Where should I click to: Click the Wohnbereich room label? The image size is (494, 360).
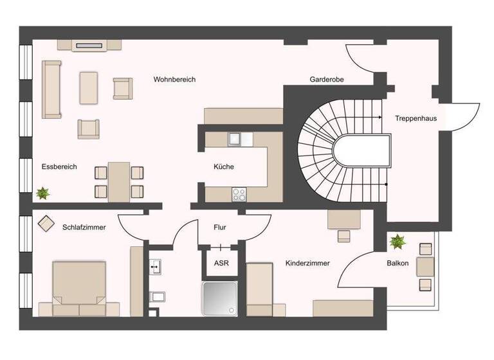[x=174, y=80]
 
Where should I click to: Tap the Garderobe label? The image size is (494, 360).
[x=327, y=80]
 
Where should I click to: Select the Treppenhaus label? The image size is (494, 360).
[x=416, y=118]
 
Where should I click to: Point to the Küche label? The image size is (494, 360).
[x=224, y=167]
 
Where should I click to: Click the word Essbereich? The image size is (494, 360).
[x=59, y=167]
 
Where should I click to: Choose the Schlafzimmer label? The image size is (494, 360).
[x=84, y=228]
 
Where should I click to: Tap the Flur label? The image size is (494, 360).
[x=220, y=228]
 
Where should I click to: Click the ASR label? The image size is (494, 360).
[x=221, y=263]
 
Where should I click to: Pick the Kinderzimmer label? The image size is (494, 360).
[x=307, y=263]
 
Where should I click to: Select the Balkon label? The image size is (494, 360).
[x=398, y=263]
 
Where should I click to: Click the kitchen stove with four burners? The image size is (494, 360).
[x=239, y=192]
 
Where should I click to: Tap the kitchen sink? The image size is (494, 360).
[x=233, y=138]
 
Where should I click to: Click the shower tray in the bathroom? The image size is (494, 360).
[x=220, y=298]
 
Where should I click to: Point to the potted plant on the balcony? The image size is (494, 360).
[x=398, y=242]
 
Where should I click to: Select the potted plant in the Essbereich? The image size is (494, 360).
[x=44, y=192]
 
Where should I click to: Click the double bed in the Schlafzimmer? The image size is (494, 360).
[x=79, y=288]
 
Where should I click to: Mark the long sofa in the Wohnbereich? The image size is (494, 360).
[x=51, y=89]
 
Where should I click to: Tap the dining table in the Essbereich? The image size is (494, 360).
[x=119, y=181]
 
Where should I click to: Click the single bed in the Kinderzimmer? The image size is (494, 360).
[x=261, y=289]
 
